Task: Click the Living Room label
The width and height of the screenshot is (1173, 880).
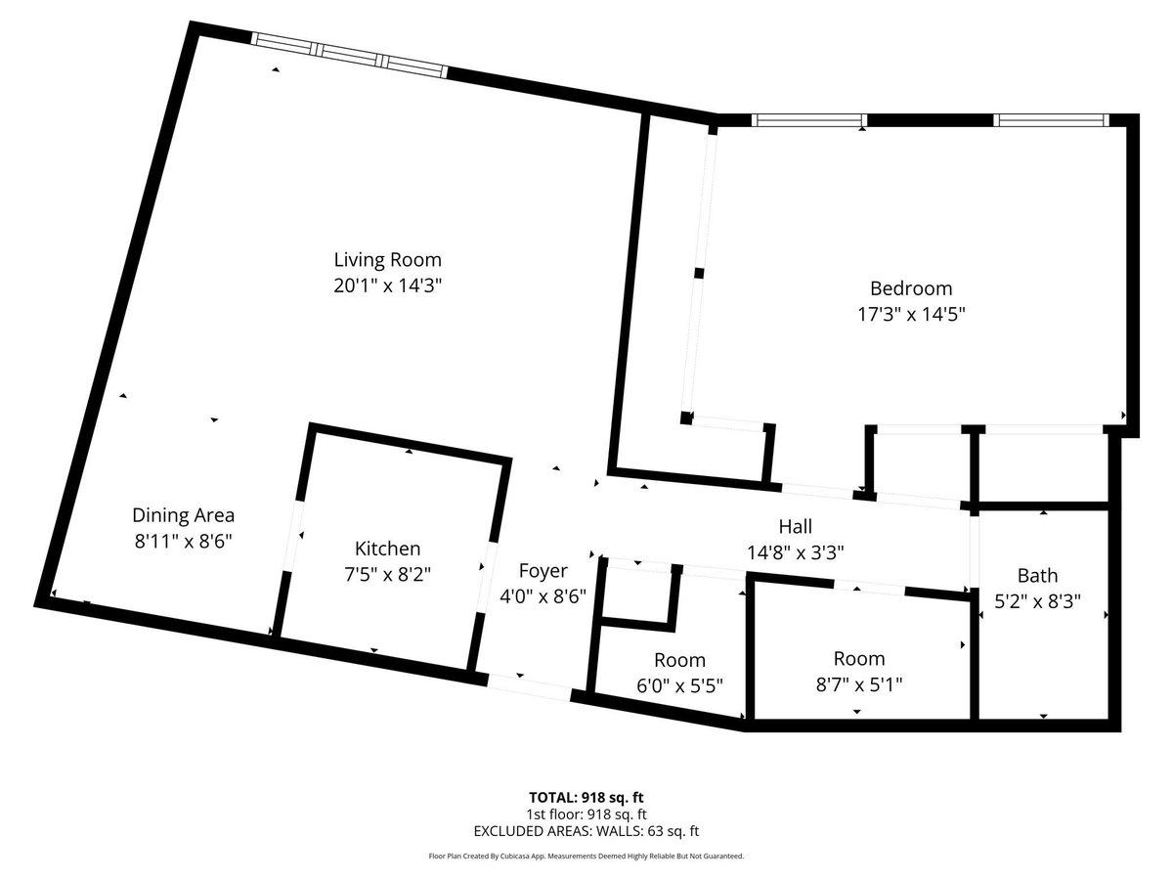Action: (x=387, y=260)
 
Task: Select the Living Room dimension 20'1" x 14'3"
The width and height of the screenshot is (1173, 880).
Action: (x=387, y=286)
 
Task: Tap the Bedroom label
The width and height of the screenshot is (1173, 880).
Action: (x=911, y=288)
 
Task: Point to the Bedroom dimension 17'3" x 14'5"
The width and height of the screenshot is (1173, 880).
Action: (x=911, y=314)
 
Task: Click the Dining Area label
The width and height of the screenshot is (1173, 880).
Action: (x=184, y=514)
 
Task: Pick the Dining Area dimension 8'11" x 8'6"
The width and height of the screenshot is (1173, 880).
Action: (x=184, y=540)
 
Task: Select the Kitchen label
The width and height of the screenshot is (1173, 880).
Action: (x=387, y=549)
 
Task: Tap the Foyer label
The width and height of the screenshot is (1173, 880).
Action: (x=543, y=571)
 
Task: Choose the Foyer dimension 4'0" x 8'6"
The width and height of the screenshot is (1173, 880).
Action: (x=543, y=596)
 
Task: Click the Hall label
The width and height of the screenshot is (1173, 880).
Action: (x=795, y=527)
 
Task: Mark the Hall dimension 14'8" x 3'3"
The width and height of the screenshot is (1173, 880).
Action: (x=795, y=552)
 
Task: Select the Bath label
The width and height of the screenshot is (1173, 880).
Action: (x=1037, y=576)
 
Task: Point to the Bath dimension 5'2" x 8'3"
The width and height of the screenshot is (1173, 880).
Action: (x=1037, y=602)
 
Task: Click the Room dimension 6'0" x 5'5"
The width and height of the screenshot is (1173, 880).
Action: (x=679, y=684)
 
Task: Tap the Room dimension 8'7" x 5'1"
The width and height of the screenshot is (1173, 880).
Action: (x=859, y=684)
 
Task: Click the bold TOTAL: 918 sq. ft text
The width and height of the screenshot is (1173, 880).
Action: (x=586, y=797)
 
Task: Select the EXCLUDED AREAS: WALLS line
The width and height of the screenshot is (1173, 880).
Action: (x=586, y=831)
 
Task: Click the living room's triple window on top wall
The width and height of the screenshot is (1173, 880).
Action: (x=350, y=54)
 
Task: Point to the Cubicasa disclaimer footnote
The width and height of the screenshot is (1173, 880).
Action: (x=586, y=856)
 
